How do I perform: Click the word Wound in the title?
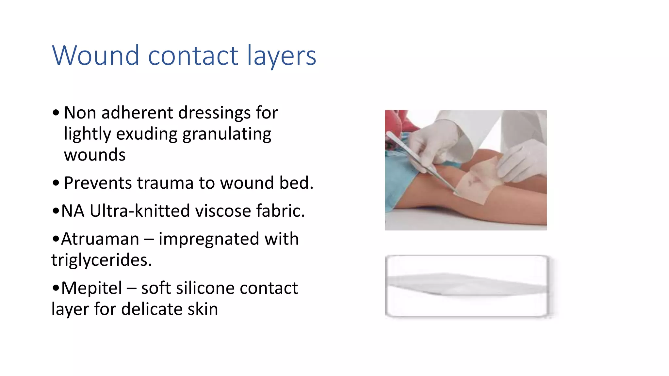coord(96,55)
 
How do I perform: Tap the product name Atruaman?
coord(100,239)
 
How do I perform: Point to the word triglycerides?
coord(102,260)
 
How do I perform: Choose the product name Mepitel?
coord(91,288)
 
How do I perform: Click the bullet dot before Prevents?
coord(56,183)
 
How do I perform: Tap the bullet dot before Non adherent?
coord(56,113)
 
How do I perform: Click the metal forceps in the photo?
coord(421,163)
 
